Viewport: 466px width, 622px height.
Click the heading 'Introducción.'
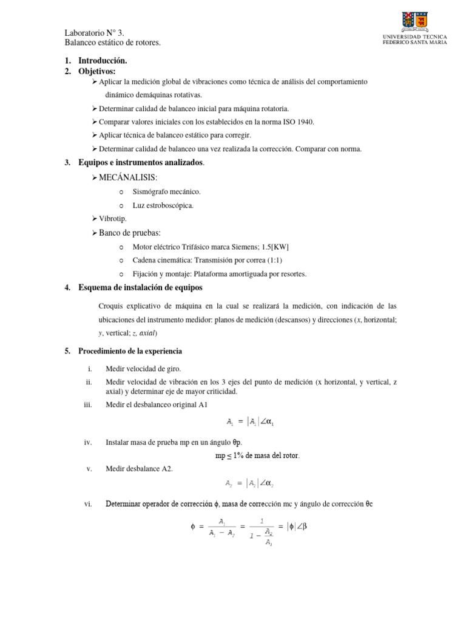[103, 61]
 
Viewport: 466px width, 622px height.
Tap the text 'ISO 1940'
[299, 122]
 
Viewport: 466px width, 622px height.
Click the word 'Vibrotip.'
[113, 219]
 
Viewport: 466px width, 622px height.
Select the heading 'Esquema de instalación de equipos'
[141, 287]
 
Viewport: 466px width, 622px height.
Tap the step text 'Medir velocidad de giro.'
[143, 369]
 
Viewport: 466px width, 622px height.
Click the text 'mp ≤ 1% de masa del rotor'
[258, 456]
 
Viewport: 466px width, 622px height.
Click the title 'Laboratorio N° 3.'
[94, 33]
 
